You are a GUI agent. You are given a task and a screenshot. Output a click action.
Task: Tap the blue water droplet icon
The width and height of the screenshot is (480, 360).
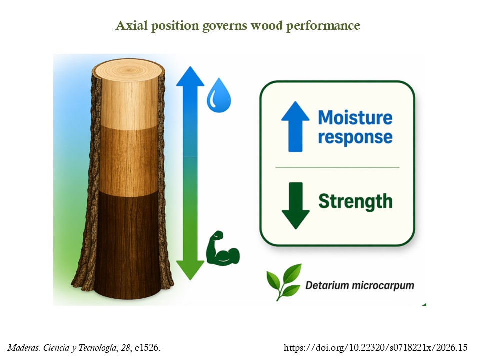(x=219, y=95)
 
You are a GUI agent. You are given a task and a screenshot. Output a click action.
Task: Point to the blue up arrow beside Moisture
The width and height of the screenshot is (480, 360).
(x=295, y=126)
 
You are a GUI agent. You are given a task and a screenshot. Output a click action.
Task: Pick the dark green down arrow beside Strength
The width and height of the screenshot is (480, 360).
(x=295, y=205)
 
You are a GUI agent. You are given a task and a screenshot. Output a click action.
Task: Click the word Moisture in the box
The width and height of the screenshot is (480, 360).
(x=355, y=118)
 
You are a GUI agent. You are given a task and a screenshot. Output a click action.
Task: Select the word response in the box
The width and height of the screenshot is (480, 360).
(x=355, y=137)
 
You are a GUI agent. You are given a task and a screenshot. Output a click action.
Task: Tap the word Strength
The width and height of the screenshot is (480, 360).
(x=355, y=201)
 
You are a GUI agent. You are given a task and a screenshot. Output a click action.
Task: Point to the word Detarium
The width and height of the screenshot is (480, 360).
(x=327, y=285)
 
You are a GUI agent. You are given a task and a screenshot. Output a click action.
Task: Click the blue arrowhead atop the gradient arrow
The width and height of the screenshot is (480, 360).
(x=190, y=76)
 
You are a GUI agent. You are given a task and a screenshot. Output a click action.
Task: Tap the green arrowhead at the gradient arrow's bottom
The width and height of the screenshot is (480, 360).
(x=190, y=270)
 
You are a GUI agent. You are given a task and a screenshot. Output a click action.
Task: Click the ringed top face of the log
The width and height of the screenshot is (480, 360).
(x=128, y=70)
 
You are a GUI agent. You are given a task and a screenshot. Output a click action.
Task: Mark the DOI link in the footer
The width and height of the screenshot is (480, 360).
(x=375, y=348)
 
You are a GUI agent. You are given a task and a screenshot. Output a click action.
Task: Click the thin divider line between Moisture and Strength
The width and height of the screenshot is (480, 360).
(x=337, y=168)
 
